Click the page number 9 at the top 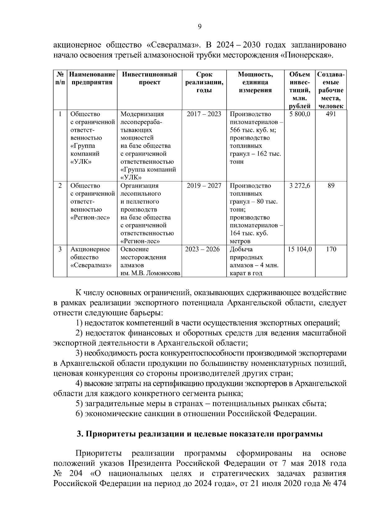pyautogui.click(x=200, y=27)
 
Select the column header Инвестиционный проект pyautogui.click(x=150, y=78)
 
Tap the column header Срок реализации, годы pyautogui.click(x=204, y=82)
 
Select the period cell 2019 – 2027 pyautogui.click(x=204, y=186)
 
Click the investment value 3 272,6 pyautogui.click(x=300, y=186)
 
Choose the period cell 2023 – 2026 pyautogui.click(x=202, y=249)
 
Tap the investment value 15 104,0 pyautogui.click(x=300, y=249)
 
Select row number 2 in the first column pyautogui.click(x=60, y=186)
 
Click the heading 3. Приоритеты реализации pyautogui.click(x=199, y=434)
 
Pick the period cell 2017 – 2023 pyautogui.click(x=204, y=114)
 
